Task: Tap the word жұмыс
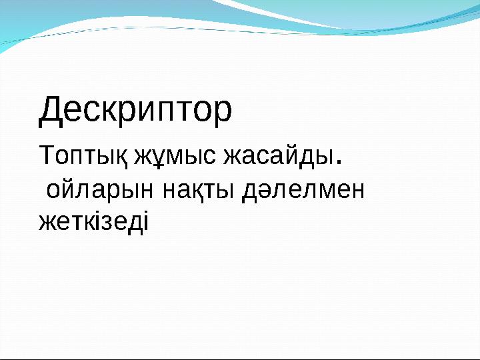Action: [x=176, y=157]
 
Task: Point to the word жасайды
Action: [x=277, y=157]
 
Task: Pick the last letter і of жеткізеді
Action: [x=146, y=221]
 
